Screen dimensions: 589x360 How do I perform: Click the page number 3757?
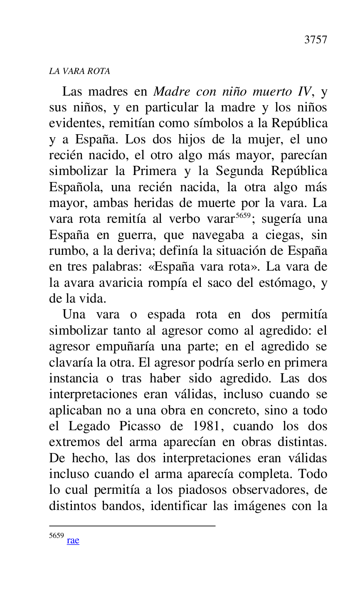(x=316, y=40)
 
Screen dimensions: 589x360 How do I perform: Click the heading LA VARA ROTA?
(x=79, y=71)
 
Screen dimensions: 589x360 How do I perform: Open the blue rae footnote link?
(x=73, y=540)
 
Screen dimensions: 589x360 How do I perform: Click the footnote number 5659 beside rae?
(x=56, y=536)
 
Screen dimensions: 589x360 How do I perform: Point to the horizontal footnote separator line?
(x=132, y=526)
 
